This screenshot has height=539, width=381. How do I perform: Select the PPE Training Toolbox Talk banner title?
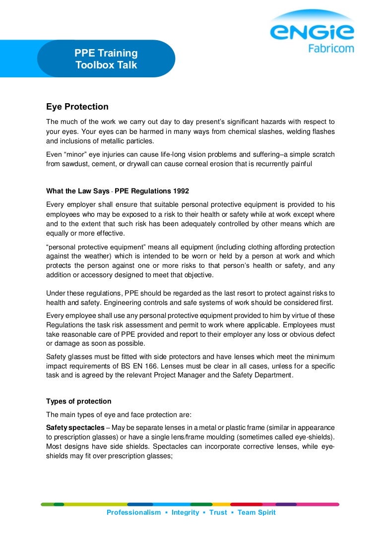pos(106,59)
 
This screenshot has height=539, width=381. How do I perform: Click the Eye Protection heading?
pos(77,107)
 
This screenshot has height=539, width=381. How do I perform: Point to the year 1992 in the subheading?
pos(181,191)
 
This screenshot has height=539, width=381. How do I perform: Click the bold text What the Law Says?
pos(77,191)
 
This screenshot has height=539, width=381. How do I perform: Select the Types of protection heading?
pos(79,401)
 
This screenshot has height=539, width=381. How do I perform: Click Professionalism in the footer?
pos(134,512)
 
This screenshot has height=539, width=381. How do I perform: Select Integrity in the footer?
pos(185,512)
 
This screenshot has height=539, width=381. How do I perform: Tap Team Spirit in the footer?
pos(256,512)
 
